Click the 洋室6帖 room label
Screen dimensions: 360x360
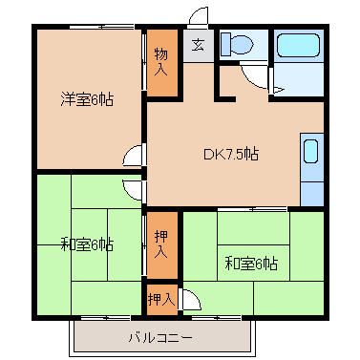coord(87,99)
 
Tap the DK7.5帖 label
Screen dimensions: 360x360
coord(231,154)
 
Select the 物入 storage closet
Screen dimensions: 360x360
coord(161,63)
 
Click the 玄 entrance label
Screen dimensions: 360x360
coord(198,45)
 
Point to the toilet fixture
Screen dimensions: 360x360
coord(237,44)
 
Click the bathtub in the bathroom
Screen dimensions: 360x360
coord(298,45)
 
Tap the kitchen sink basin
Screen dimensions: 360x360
coord(310,151)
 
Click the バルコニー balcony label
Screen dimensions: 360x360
coord(160,337)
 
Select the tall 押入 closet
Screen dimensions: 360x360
coord(161,244)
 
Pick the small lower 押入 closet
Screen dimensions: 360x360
coord(161,299)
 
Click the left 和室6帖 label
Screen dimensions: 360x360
coord(87,244)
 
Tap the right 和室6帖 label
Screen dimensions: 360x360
coord(251,264)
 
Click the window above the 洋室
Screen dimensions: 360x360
coord(102,27)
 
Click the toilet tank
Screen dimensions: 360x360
coord(225,44)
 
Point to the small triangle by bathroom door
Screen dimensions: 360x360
coord(278,90)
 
